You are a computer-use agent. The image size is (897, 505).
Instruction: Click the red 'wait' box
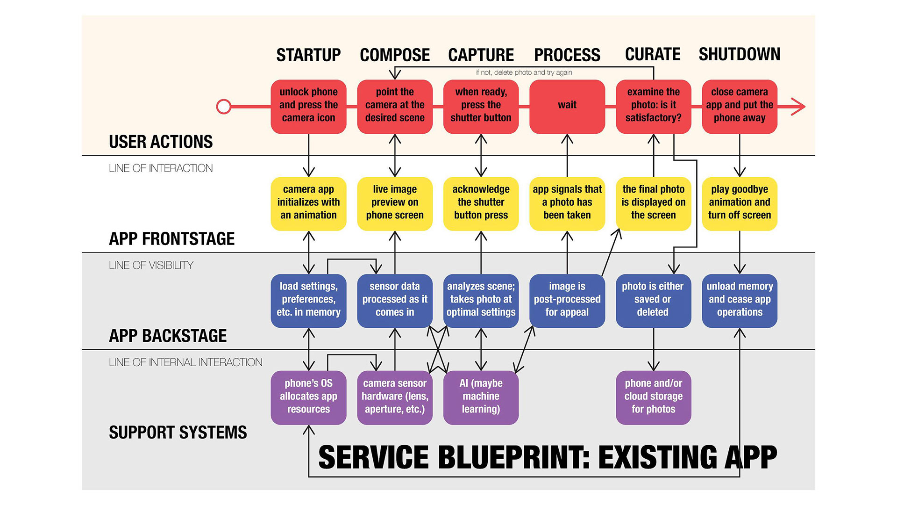pyautogui.click(x=567, y=107)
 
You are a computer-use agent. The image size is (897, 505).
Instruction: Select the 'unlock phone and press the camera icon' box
pyautogui.click(x=308, y=107)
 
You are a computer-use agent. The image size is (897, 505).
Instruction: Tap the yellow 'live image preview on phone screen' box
pyautogui.click(x=395, y=204)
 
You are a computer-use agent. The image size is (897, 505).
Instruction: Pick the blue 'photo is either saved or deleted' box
pyautogui.click(x=653, y=301)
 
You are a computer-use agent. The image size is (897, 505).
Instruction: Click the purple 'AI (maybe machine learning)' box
pyautogui.click(x=481, y=398)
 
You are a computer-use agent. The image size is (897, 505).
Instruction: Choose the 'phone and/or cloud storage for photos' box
pyautogui.click(x=653, y=398)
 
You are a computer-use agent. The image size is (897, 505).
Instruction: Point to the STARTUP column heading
pyautogui.click(x=308, y=55)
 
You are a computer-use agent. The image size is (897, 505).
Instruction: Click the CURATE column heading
pyautogui.click(x=653, y=54)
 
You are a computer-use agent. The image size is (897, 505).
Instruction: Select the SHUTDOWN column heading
pyautogui.click(x=740, y=54)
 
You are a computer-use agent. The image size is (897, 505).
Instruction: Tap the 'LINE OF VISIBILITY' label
pyautogui.click(x=151, y=266)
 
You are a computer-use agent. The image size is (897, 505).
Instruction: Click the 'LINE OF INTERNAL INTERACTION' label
pyautogui.click(x=185, y=362)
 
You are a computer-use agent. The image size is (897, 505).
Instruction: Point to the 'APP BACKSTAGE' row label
pyautogui.click(x=168, y=336)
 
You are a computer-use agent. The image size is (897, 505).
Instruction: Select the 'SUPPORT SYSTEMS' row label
pyautogui.click(x=178, y=433)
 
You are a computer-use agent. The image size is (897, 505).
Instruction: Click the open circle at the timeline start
pyautogui.click(x=224, y=107)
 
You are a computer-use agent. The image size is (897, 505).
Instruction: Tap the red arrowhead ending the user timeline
pyautogui.click(x=798, y=107)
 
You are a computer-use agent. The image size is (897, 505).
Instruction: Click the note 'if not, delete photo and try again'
pyautogui.click(x=524, y=72)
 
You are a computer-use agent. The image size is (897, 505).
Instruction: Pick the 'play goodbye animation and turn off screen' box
pyautogui.click(x=740, y=204)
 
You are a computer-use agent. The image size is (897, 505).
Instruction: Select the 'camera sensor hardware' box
pyautogui.click(x=395, y=398)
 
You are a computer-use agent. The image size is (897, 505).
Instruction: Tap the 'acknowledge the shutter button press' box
pyautogui.click(x=481, y=204)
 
